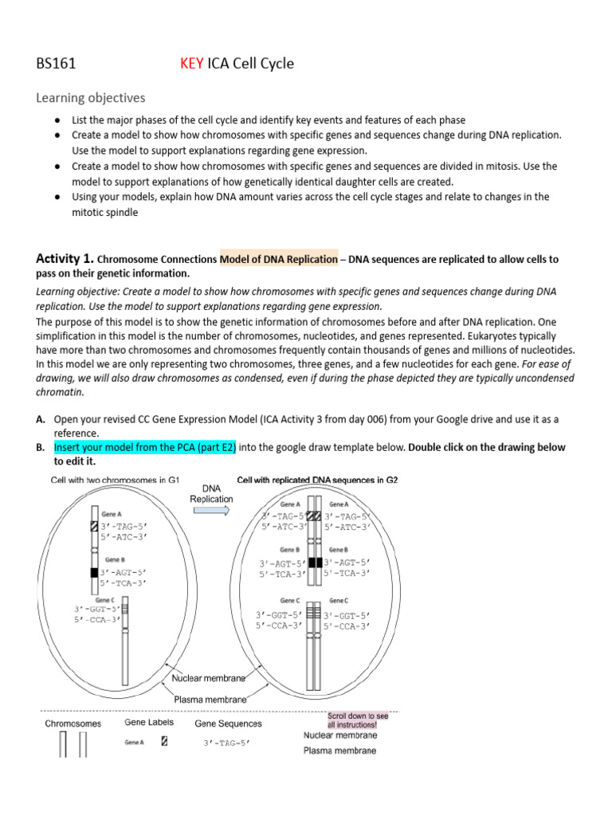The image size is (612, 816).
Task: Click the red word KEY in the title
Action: [192, 63]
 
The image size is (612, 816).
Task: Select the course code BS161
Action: [57, 63]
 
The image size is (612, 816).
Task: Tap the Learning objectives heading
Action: [91, 98]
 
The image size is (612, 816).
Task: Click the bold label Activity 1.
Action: [65, 258]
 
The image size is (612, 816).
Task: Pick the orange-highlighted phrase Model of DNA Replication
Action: [279, 259]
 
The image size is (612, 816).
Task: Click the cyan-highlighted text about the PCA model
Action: [145, 448]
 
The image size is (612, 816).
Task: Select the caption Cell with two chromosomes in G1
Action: [116, 480]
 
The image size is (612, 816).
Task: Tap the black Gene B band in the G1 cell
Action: [94, 572]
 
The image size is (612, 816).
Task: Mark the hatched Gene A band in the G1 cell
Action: [94, 527]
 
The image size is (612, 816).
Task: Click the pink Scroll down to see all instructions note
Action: [357, 720]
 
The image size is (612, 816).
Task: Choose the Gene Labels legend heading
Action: [149, 723]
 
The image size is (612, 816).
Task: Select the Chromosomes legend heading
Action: [73, 724]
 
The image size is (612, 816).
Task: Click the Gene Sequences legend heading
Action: [228, 724]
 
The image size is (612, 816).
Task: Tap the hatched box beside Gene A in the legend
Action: [164, 741]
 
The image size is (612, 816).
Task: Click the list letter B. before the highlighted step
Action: [40, 448]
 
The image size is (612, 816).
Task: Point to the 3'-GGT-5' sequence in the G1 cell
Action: [96, 610]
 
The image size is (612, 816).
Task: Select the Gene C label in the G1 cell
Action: [104, 599]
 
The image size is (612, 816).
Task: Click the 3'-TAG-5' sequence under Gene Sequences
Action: [227, 743]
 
